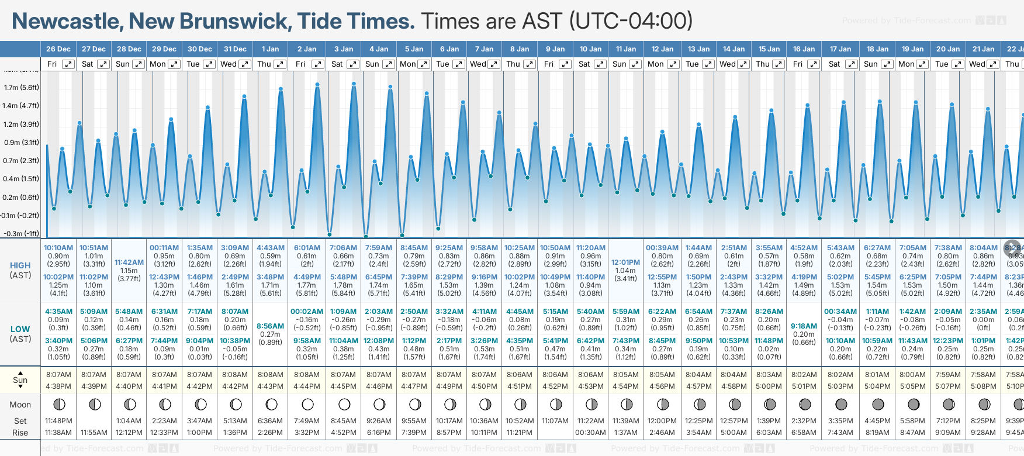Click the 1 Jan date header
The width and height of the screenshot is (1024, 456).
click(x=270, y=49)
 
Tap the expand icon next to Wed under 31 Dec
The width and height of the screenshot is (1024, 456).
click(x=245, y=64)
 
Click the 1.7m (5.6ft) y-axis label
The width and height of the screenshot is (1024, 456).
click(x=21, y=88)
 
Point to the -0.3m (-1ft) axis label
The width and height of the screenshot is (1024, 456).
click(x=21, y=233)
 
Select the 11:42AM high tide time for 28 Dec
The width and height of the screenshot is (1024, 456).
click(x=129, y=262)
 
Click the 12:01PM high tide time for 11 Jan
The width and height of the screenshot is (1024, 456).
click(x=625, y=262)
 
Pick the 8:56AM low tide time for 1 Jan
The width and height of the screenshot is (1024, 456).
click(x=270, y=326)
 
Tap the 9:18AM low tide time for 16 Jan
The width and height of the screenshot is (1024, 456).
click(x=804, y=326)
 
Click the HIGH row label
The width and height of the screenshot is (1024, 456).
click(x=20, y=265)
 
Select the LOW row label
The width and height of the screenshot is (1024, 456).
click(x=20, y=329)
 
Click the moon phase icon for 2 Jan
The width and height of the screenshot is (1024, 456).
click(x=307, y=404)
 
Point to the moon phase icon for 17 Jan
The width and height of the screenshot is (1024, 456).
click(x=841, y=404)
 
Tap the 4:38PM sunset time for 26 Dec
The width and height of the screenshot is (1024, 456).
click(x=58, y=386)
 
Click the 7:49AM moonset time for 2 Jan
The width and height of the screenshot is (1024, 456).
click(x=307, y=421)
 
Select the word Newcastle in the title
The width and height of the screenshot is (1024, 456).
click(x=65, y=22)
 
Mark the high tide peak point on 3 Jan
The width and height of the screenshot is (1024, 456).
click(x=354, y=84)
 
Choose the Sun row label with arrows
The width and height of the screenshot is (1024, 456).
click(x=20, y=380)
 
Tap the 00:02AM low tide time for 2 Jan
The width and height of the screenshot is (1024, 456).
click(x=307, y=312)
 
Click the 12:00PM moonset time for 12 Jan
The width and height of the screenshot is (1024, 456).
click(x=662, y=421)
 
